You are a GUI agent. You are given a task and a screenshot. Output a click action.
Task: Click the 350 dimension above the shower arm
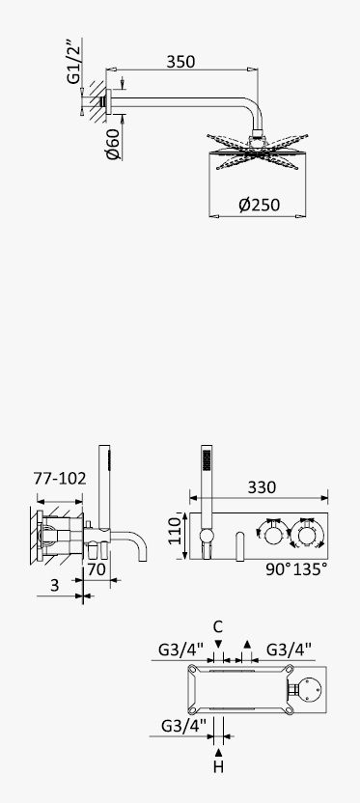[180, 62]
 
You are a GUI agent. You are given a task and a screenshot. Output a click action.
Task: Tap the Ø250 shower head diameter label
[260, 206]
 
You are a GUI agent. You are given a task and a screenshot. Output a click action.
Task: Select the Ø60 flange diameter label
[113, 144]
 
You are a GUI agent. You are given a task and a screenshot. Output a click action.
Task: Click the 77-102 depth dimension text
[60, 479]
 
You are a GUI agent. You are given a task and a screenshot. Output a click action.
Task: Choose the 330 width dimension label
[262, 487]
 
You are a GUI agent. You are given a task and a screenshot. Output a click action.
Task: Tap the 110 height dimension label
[175, 531]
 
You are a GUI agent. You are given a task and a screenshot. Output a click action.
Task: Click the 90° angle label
[279, 569]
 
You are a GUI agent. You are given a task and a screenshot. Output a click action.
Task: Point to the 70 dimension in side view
[97, 569]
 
